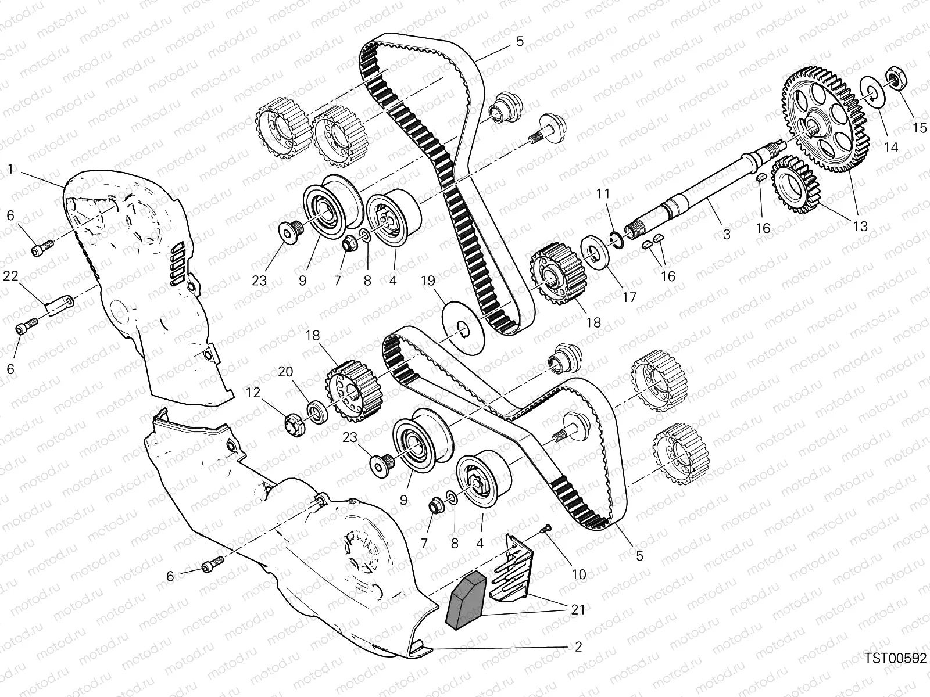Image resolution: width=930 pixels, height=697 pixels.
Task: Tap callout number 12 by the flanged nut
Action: (x=253, y=393)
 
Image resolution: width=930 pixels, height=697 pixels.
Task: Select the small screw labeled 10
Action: (x=546, y=527)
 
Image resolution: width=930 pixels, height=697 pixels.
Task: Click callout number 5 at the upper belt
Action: (x=519, y=41)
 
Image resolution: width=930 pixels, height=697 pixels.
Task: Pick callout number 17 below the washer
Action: (x=629, y=297)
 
